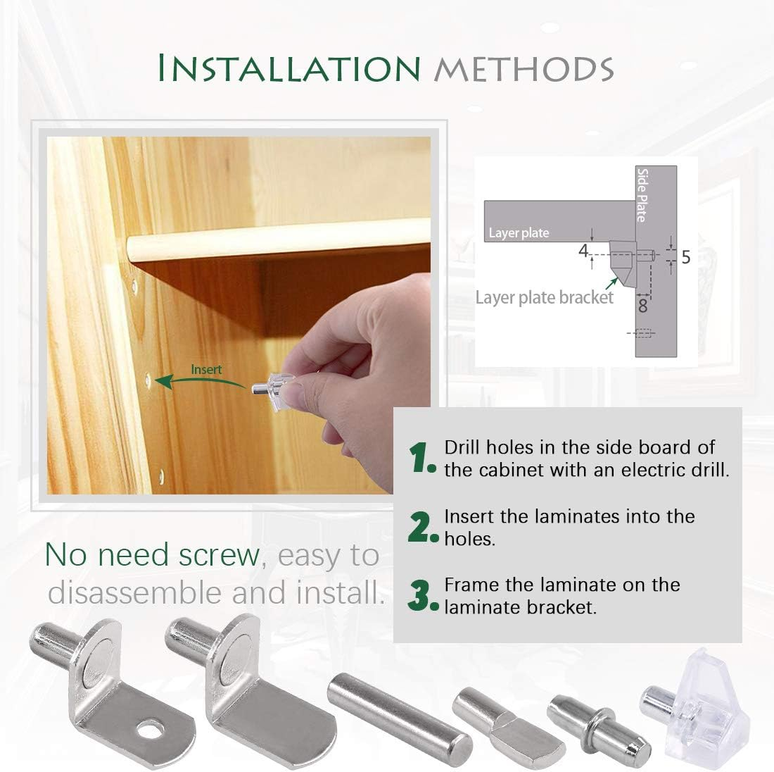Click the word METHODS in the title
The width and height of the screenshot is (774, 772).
click(x=524, y=69)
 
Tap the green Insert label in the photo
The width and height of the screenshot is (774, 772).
click(x=206, y=369)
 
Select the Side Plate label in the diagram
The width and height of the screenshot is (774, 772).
click(x=641, y=194)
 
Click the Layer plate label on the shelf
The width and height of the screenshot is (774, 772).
click(x=519, y=232)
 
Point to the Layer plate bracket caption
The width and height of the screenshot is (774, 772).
click(x=544, y=297)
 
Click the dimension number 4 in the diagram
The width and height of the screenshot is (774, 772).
click(x=583, y=251)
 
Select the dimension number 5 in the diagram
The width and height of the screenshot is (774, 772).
click(x=685, y=258)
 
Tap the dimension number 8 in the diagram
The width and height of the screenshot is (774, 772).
click(x=642, y=305)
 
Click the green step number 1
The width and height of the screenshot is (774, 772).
click(x=422, y=459)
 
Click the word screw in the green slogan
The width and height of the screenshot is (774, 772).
click(x=220, y=555)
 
